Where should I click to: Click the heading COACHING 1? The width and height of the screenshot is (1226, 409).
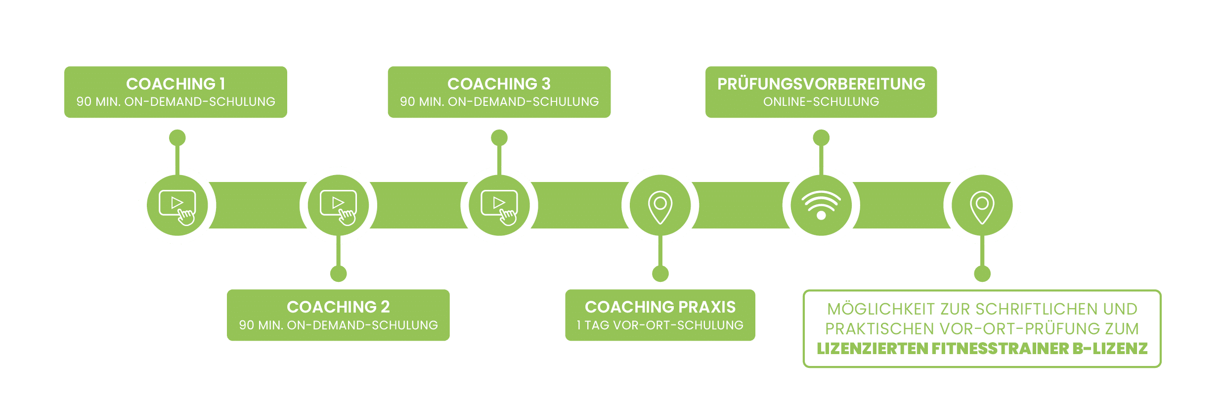click(x=175, y=84)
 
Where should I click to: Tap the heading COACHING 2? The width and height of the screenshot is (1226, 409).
click(x=338, y=307)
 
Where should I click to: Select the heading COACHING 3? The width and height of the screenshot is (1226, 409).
click(x=499, y=84)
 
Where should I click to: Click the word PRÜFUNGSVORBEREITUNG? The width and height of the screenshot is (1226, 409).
click(x=821, y=84)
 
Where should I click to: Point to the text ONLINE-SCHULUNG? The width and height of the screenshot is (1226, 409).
click(x=821, y=102)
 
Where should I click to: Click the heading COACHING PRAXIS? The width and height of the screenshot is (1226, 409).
click(x=660, y=307)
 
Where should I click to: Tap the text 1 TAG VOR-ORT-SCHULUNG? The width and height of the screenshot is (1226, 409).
click(x=660, y=325)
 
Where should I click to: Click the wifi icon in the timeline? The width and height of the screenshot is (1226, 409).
click(x=821, y=205)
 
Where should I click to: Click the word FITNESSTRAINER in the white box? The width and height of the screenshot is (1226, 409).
click(x=1000, y=349)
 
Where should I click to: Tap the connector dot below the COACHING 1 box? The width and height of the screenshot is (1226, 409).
click(x=177, y=137)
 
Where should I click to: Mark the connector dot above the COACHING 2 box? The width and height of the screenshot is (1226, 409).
click(x=338, y=273)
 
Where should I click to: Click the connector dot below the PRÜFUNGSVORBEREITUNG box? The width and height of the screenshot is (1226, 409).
click(x=821, y=137)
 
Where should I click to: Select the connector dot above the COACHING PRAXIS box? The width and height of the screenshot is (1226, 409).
click(x=660, y=273)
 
